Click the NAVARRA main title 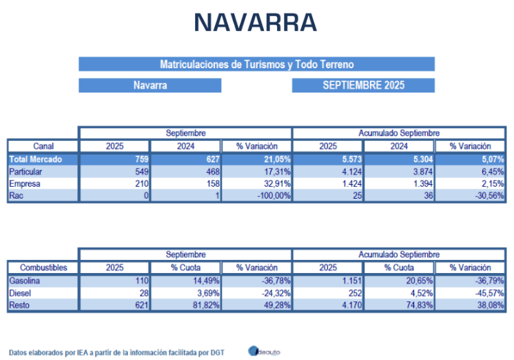(256, 23)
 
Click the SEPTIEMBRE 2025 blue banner (363, 86)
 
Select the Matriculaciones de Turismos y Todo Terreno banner (256, 64)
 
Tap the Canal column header (43, 146)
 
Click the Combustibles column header (43, 268)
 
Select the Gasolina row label (27, 281)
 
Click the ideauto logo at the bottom (263, 350)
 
